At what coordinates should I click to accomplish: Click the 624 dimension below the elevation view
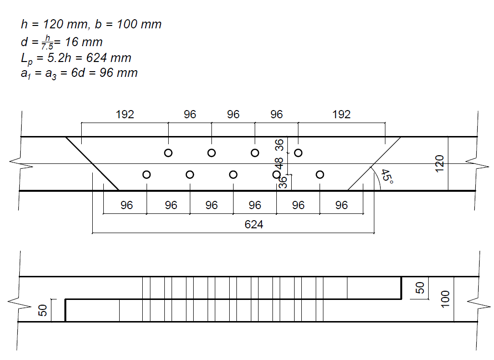(x=254, y=224)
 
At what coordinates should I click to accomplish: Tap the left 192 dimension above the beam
(x=125, y=115)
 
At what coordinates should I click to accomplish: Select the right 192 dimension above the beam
(x=342, y=115)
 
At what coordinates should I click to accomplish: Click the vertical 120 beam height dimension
(x=441, y=163)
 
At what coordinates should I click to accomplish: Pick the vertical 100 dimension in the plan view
(x=445, y=299)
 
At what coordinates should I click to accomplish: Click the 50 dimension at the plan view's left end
(x=43, y=310)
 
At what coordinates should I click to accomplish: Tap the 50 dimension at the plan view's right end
(x=420, y=288)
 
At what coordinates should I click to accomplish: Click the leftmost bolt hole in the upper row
(x=168, y=153)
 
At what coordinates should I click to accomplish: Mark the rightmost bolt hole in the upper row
(x=298, y=153)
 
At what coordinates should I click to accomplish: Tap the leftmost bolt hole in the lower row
(x=147, y=174)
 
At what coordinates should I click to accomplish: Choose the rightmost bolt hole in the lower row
(x=320, y=174)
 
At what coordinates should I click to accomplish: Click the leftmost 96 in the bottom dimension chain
(x=126, y=206)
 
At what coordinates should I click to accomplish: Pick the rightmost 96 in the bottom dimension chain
(x=341, y=206)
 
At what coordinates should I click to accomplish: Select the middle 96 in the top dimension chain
(x=233, y=115)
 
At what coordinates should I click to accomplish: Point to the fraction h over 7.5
(x=47, y=42)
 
